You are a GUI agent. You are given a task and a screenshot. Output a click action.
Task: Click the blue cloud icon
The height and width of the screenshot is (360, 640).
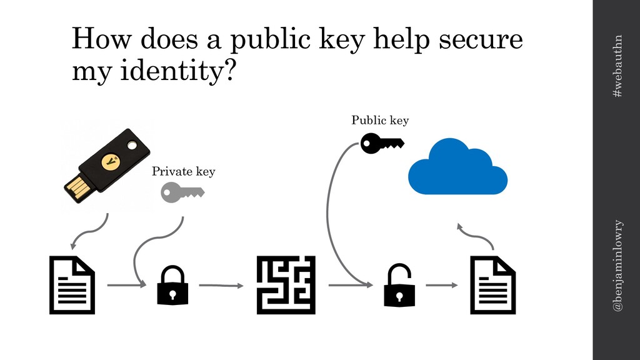point(457,167)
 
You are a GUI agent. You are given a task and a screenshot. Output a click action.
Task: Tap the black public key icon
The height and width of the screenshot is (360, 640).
point(382,143)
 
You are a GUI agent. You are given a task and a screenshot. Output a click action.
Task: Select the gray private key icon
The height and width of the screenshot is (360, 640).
point(182,192)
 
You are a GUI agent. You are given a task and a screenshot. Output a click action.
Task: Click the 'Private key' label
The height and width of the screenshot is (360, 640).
point(183,171)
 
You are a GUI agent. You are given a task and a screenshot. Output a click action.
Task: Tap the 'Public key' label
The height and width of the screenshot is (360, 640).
point(379,120)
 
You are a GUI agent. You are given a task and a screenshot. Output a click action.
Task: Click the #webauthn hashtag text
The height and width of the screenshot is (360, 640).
point(617,66)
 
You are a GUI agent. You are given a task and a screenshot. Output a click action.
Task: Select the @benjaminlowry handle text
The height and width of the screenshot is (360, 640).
point(617,266)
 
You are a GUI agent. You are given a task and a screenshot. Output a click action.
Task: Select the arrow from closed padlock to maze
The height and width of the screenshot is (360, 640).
point(221,286)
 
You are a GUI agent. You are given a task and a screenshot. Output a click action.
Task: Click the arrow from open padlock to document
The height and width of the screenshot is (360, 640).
point(441,285)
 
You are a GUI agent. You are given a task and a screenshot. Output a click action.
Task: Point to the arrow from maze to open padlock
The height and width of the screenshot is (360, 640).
point(350,285)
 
